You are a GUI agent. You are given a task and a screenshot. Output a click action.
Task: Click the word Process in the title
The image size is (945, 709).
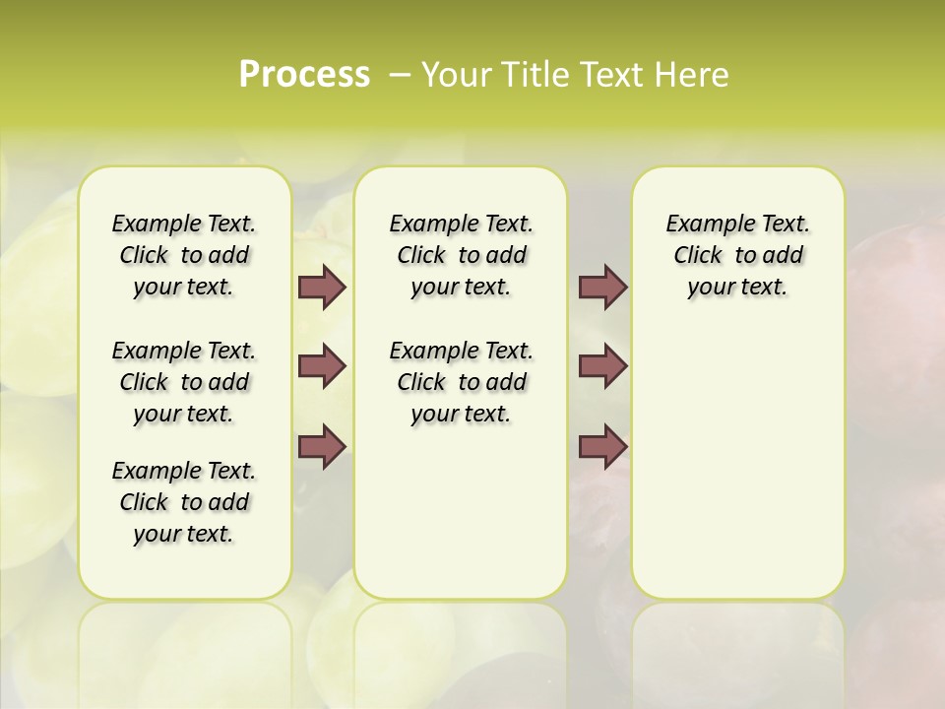(x=304, y=75)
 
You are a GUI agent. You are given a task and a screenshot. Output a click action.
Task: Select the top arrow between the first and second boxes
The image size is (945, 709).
(x=322, y=287)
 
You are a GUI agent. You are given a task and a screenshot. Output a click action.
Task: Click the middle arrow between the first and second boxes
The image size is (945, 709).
(x=322, y=366)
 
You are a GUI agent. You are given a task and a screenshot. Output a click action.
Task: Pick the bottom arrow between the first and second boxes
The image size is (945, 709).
(x=322, y=446)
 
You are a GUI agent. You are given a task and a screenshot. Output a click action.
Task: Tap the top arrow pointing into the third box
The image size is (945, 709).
(x=602, y=287)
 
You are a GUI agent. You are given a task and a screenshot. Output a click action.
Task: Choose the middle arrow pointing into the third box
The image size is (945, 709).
(x=602, y=366)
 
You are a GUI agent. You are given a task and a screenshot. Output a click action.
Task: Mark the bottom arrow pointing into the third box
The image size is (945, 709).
(x=602, y=446)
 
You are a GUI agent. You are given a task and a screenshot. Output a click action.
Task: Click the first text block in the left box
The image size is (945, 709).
(x=183, y=255)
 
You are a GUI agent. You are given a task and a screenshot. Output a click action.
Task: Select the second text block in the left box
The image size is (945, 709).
(x=183, y=382)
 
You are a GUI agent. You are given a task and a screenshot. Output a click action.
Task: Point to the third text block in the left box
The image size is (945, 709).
(x=183, y=502)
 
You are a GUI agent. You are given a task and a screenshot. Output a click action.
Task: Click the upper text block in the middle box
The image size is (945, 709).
(x=461, y=255)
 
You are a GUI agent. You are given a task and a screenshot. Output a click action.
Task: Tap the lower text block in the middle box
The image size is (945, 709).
(x=461, y=382)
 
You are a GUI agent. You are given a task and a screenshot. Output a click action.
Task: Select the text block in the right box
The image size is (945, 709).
(x=737, y=255)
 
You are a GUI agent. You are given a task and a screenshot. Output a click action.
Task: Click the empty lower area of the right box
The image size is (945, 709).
(x=737, y=463)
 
